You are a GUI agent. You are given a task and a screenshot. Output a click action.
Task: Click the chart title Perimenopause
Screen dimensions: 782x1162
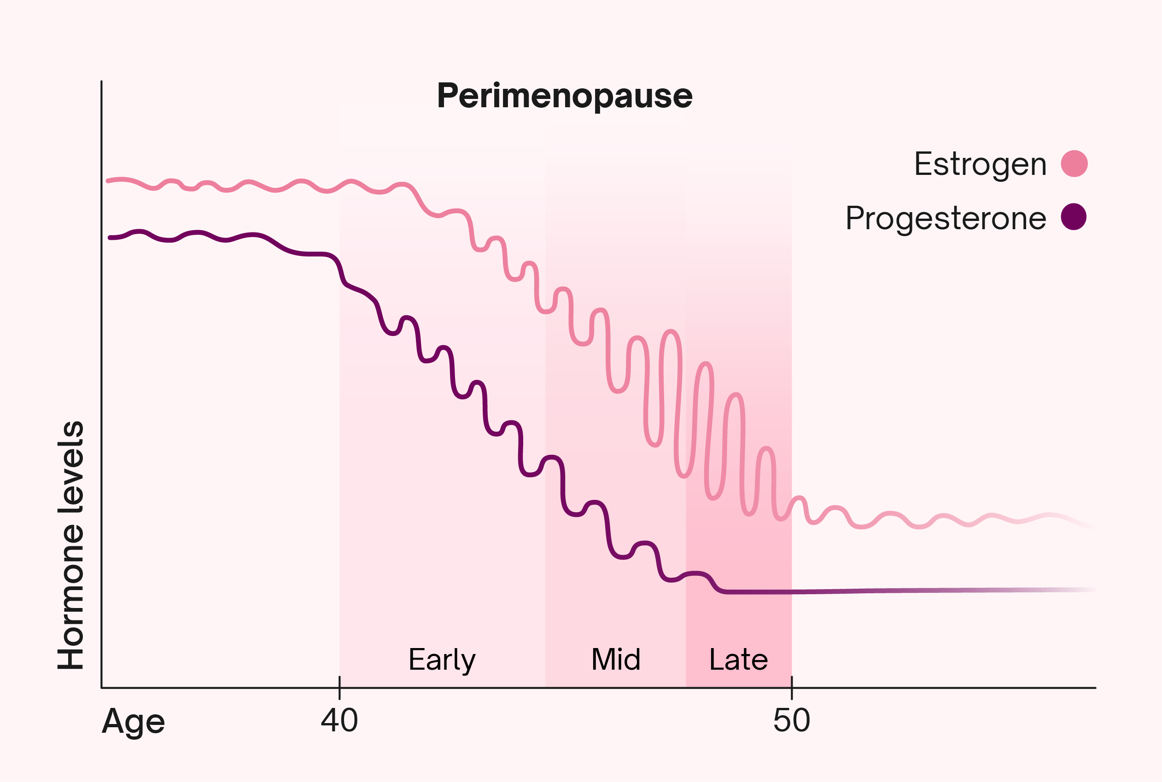(564, 96)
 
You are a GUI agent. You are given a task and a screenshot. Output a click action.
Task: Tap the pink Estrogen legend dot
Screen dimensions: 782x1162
(1074, 163)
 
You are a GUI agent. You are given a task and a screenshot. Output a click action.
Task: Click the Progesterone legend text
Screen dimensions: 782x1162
(946, 218)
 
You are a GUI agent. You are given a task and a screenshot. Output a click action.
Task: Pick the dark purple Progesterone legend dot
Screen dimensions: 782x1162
(1074, 217)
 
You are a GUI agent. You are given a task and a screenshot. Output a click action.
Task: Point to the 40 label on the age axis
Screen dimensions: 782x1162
(339, 721)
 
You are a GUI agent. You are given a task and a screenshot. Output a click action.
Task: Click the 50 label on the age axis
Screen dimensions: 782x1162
(791, 721)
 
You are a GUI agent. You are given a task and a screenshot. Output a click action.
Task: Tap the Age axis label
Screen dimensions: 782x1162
(133, 722)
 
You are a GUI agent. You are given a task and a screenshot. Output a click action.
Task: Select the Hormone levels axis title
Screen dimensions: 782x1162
(70, 545)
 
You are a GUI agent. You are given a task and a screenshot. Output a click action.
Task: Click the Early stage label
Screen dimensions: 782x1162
(442, 660)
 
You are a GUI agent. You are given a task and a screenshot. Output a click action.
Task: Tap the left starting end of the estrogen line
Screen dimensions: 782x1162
(108, 181)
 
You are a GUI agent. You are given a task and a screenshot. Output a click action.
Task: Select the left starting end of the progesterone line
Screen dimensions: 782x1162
(110, 238)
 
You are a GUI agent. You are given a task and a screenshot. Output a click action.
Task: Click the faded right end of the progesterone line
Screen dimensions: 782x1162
(1090, 590)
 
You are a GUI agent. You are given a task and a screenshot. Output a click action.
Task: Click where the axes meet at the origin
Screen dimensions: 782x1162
(102, 688)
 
